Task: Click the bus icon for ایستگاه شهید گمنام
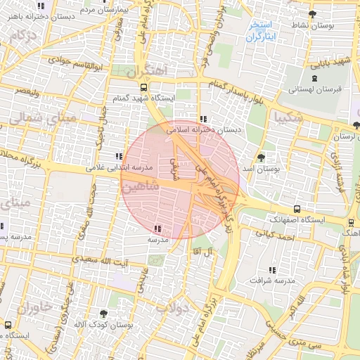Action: click(144, 88)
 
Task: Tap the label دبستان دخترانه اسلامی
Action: click(203, 130)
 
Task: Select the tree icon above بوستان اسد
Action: click(261, 157)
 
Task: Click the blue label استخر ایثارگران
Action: click(261, 30)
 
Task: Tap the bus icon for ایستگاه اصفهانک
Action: click(297, 209)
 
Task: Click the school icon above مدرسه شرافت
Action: click(271, 270)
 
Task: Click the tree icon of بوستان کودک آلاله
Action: click(104, 313)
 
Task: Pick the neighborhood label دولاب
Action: click(173, 307)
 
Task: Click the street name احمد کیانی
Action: click(274, 238)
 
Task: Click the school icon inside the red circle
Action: click(156, 228)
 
